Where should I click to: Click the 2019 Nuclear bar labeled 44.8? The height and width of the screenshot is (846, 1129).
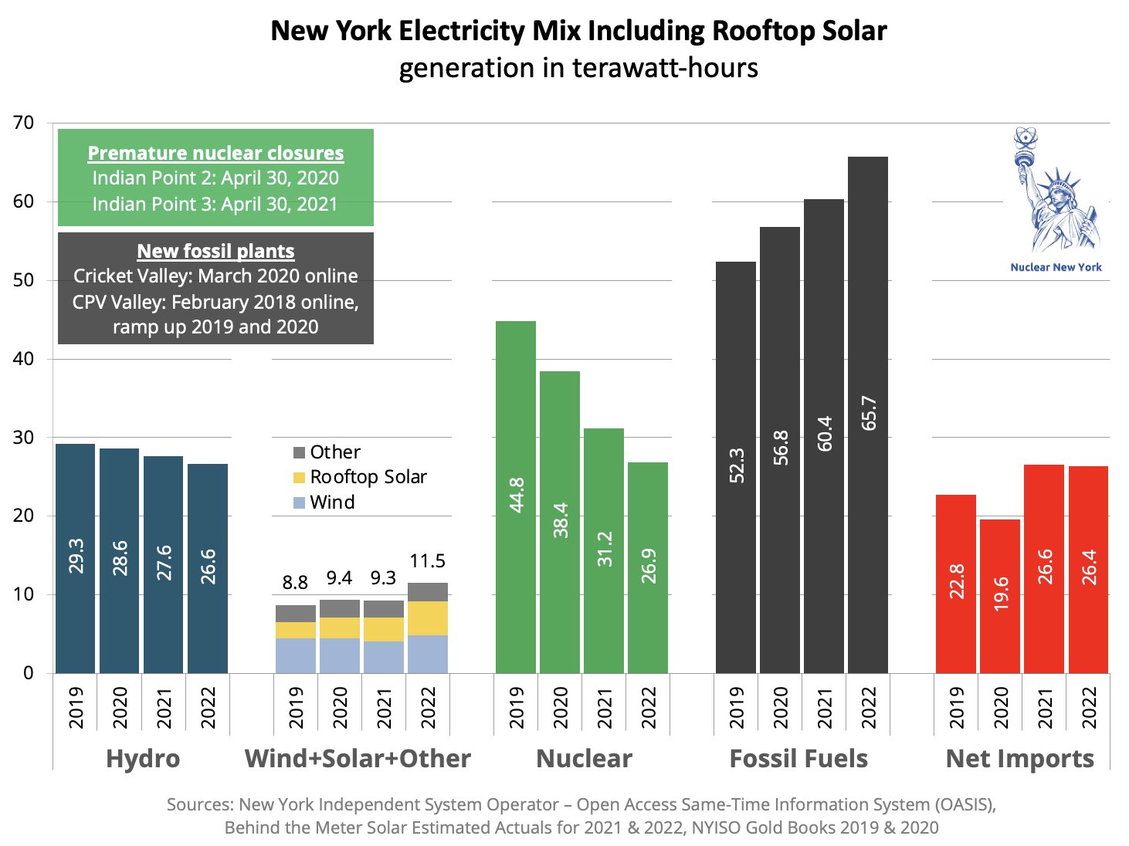pos(515,497)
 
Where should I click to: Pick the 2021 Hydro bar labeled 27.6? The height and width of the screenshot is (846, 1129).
pos(163,564)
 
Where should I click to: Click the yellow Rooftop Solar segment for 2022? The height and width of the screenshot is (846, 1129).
pos(427,618)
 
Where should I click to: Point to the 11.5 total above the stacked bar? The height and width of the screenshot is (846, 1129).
pos(427,561)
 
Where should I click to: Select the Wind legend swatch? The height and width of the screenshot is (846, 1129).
pos(300,503)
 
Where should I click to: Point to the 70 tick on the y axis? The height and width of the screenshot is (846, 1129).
pos(23,123)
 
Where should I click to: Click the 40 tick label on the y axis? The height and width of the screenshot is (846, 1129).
pos(23,359)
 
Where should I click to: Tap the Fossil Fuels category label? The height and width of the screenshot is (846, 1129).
pos(798,759)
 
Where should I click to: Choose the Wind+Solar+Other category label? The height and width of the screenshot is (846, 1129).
pos(358,759)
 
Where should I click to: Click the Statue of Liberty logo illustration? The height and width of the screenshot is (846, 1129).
pos(1056,193)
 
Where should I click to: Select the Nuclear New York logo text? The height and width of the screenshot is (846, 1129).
pos(1056,267)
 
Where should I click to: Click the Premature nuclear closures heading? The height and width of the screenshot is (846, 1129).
pos(215,153)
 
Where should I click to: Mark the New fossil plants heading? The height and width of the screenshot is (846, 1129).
pos(215,251)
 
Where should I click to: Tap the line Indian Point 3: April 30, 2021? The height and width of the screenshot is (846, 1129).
pos(215,204)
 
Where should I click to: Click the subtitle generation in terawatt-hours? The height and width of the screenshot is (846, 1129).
pos(578,68)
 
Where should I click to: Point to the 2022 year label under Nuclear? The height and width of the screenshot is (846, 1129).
pos(649,707)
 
